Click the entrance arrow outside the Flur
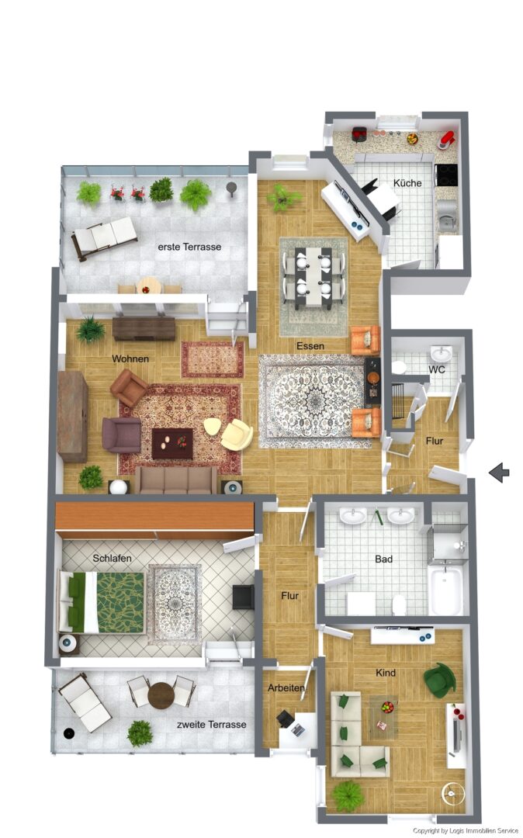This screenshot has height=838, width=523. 499,471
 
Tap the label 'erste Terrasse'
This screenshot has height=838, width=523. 189,247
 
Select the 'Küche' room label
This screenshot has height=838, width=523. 407,183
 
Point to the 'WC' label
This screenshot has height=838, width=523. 437,370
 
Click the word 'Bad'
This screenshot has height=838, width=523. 383,559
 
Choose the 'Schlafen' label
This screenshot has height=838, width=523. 112,558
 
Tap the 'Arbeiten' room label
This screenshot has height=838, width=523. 286,688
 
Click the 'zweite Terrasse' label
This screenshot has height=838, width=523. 211,725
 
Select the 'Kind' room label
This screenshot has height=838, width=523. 386,673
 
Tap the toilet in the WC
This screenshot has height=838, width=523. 400,366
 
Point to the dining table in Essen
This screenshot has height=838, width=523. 314,276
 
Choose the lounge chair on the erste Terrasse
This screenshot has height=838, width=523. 105,236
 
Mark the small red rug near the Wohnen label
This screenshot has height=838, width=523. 213,358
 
